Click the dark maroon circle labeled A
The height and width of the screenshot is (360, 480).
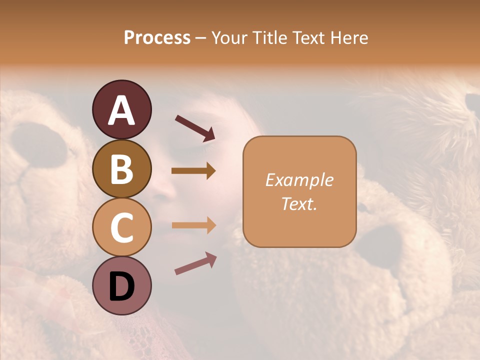(x=121, y=109)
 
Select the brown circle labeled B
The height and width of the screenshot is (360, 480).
(x=121, y=168)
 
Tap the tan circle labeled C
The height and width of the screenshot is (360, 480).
(x=121, y=227)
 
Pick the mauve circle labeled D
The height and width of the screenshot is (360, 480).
(x=121, y=285)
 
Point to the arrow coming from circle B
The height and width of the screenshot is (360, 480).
(x=193, y=171)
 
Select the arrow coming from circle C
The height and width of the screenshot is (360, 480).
(x=193, y=225)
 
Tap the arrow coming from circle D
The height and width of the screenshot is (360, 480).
(x=195, y=263)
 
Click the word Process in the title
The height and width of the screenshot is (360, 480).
(x=157, y=38)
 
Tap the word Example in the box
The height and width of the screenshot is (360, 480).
(x=299, y=180)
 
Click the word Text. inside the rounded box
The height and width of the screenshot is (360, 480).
(x=299, y=203)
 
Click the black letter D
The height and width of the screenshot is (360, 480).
(x=121, y=286)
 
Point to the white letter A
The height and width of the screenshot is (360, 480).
(x=121, y=110)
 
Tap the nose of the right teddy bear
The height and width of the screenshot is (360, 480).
(x=382, y=245)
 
